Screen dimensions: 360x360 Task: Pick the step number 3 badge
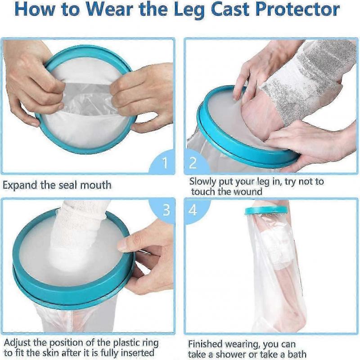pyautogui.click(x=166, y=209)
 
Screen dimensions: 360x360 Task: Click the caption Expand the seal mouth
pyautogui.click(x=57, y=185)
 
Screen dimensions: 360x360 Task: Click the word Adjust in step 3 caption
pyautogui.click(x=18, y=343)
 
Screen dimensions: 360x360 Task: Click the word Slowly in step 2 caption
pyautogui.click(x=205, y=182)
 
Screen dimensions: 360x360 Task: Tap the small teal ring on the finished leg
pyautogui.click(x=266, y=210)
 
